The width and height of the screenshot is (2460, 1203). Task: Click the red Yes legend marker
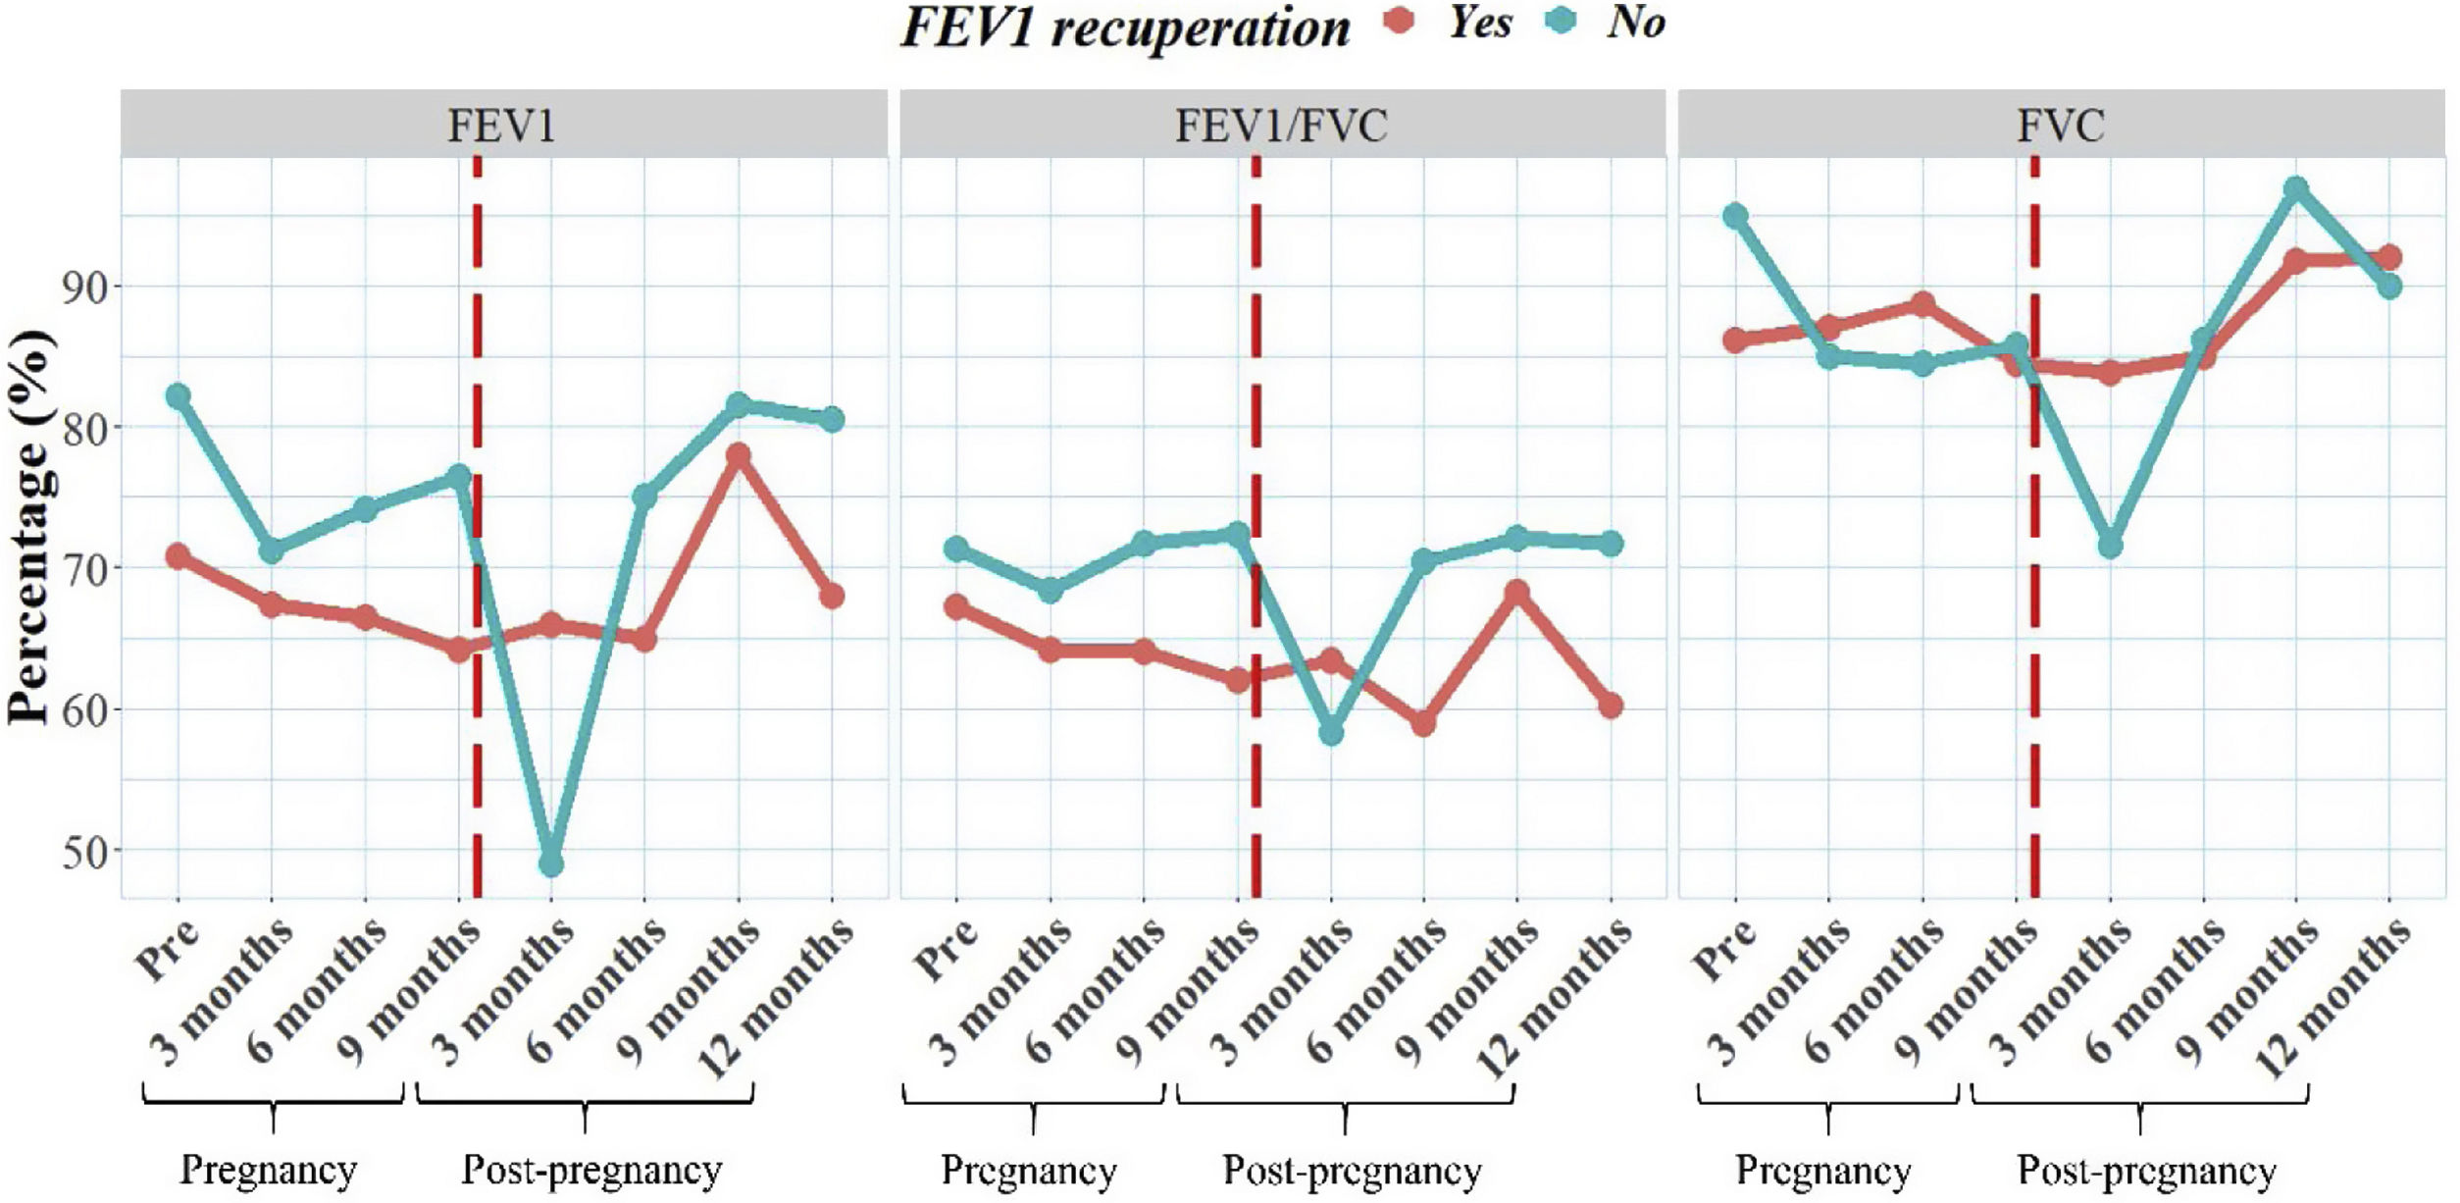click(1402, 22)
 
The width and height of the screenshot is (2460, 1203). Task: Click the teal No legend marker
click(1559, 22)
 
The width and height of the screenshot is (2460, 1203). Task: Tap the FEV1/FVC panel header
click(1281, 126)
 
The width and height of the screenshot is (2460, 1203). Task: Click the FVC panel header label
click(2060, 126)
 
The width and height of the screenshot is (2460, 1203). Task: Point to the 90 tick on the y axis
click(86, 286)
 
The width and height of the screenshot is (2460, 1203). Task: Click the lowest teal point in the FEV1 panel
click(551, 863)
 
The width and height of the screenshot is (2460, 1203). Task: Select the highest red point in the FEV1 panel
click(739, 455)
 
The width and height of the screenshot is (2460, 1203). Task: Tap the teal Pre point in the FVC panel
click(1735, 215)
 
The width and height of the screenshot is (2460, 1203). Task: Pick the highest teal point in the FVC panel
click(2296, 188)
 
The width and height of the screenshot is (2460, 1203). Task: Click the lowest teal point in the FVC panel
click(2110, 546)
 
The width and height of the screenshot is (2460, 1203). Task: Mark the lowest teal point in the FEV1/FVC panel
click(1331, 733)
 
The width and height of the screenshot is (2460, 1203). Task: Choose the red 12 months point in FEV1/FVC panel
click(1611, 706)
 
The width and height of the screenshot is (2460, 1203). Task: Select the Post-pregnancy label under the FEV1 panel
click(591, 1170)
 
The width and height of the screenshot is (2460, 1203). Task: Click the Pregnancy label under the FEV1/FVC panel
click(1029, 1170)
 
